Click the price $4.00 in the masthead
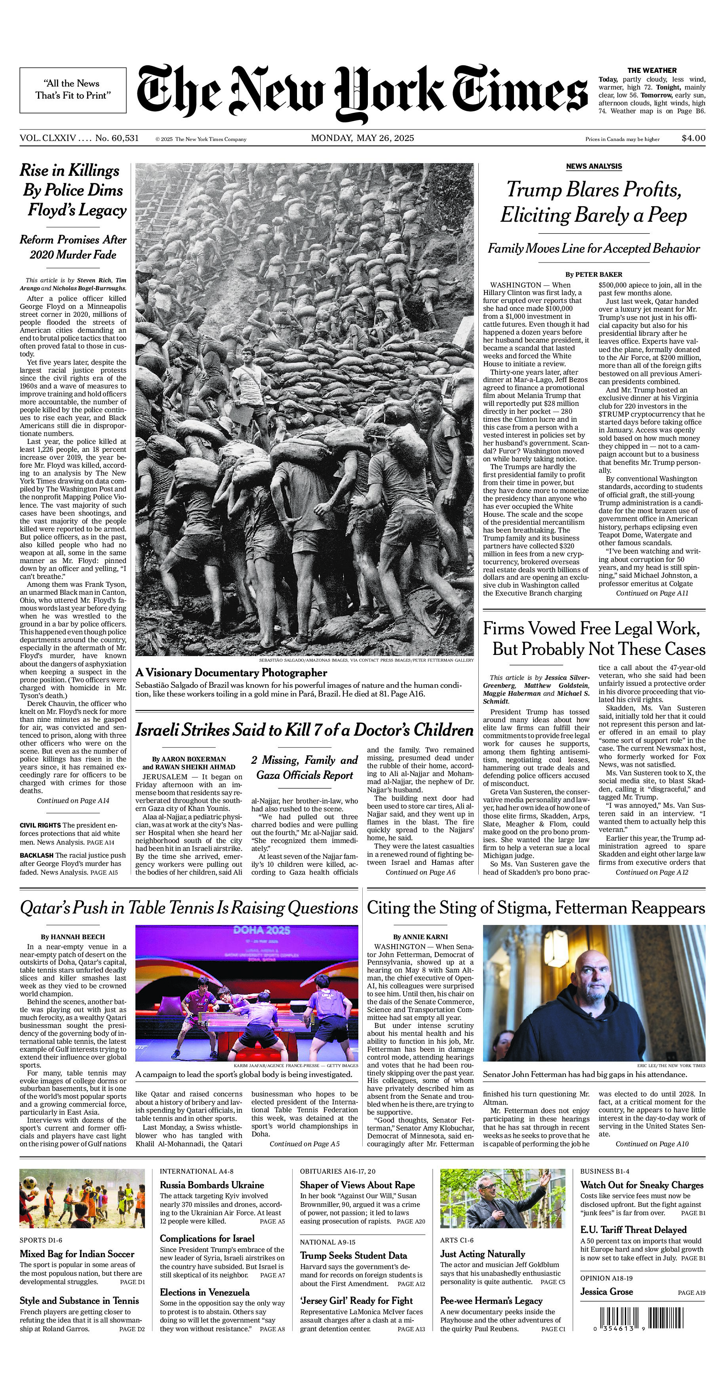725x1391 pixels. tap(693, 138)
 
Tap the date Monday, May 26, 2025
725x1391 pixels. tap(362, 138)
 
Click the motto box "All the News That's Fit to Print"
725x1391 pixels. tap(73, 89)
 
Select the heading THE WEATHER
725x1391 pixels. tap(652, 70)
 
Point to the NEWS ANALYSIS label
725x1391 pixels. tap(594, 166)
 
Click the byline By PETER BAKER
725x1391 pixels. tap(594, 274)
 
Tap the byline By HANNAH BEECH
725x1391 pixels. tap(73, 937)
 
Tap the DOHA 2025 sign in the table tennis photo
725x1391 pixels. tap(262, 930)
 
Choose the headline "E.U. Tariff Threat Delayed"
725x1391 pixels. tap(633, 1229)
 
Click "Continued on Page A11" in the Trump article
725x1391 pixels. tap(652, 593)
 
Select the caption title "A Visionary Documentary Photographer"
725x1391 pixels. tap(231, 673)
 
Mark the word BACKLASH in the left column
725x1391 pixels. tap(36, 855)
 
